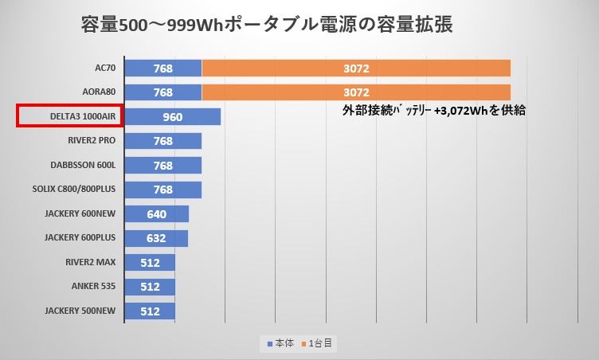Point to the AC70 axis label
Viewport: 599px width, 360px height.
(104, 68)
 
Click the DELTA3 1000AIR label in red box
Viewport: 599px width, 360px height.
(70, 117)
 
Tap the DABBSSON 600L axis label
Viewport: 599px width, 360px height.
(83, 166)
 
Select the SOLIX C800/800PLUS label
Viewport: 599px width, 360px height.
(76, 190)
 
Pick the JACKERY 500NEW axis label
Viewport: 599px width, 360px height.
(80, 311)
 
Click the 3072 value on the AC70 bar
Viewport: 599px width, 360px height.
(356, 68)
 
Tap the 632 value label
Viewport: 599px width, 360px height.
(156, 238)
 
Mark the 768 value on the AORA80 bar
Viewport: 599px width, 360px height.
(163, 92)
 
